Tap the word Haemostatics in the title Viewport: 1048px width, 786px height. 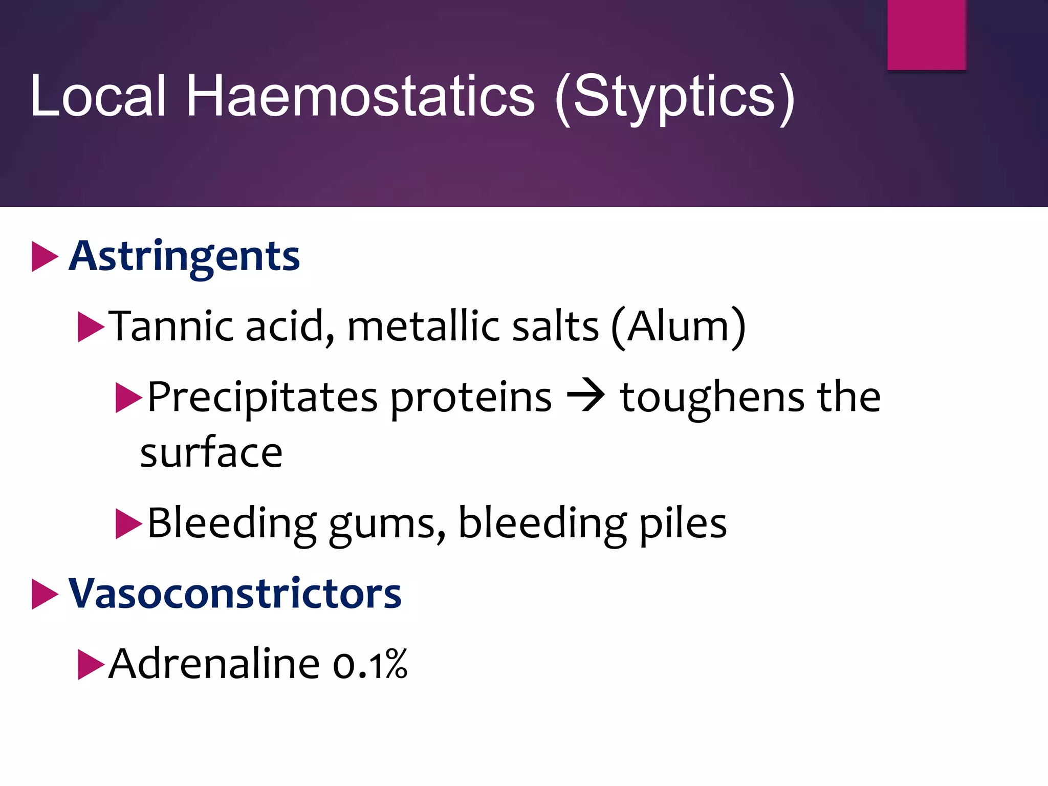(x=360, y=96)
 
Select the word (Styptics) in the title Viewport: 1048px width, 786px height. (x=675, y=97)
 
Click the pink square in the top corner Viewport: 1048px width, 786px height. (x=926, y=34)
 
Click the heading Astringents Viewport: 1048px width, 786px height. (x=184, y=256)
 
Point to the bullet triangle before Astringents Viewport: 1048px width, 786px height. (x=45, y=256)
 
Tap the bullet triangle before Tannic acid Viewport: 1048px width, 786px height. (x=91, y=326)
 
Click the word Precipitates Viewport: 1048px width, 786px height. (x=262, y=397)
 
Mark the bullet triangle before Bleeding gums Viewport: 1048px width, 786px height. (x=128, y=523)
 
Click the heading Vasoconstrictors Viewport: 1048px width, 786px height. (x=235, y=594)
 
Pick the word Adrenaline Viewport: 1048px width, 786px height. (x=214, y=664)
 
